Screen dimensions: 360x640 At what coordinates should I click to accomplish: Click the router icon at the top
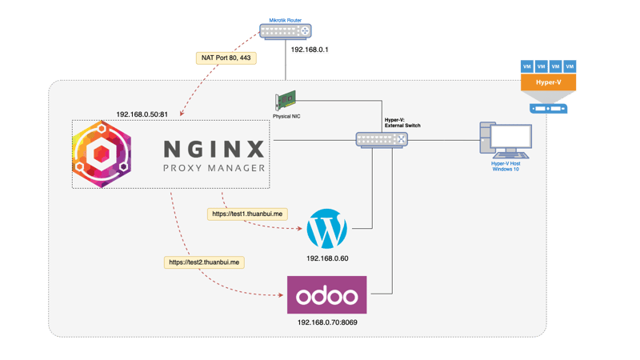[284, 31]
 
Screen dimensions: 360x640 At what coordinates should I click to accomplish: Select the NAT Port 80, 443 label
[226, 58]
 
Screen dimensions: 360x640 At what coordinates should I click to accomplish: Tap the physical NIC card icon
[286, 102]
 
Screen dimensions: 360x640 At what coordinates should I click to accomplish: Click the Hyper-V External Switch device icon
[382, 140]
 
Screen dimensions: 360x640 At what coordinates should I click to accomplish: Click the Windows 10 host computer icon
[505, 140]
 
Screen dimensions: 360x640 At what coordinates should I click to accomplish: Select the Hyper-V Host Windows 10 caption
[506, 166]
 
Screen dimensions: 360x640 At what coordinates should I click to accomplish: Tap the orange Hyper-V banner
[548, 83]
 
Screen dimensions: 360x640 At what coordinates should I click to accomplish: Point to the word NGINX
[213, 149]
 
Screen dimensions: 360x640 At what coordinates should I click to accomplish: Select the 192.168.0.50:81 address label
[142, 114]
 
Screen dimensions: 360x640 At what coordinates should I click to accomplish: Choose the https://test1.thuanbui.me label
[247, 214]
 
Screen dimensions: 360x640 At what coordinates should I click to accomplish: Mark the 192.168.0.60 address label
[328, 259]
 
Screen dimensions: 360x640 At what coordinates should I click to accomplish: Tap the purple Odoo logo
[326, 295]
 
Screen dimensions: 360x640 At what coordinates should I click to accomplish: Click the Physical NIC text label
[286, 117]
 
